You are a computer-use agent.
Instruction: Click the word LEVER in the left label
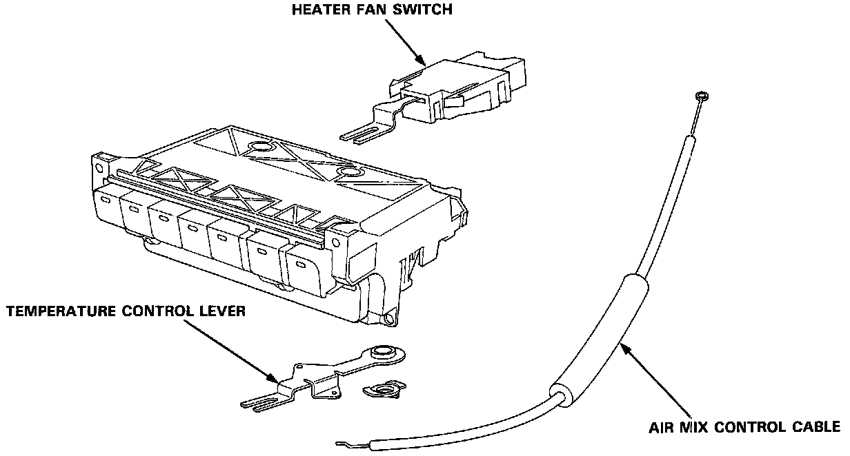[x=223, y=312]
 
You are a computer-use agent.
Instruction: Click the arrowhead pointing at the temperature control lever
[x=275, y=377]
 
